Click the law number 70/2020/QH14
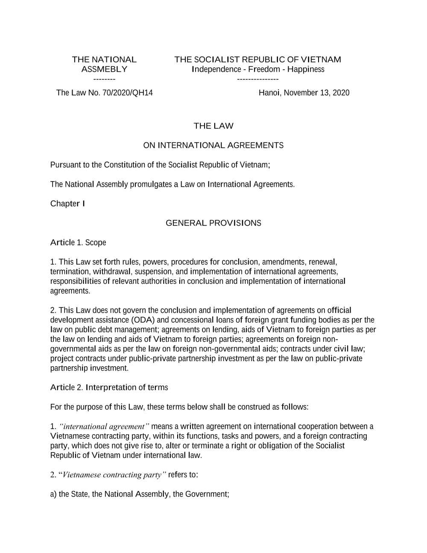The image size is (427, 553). coord(127,93)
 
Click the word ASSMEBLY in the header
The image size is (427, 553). coord(104,69)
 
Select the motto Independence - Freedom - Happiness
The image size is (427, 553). coord(258,69)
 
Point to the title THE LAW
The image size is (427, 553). coord(213,126)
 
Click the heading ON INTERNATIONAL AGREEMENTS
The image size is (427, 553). coord(213,145)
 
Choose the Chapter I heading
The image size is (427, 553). coord(67,203)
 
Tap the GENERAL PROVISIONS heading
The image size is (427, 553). coord(213,223)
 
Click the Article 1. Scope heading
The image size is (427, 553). coord(78,243)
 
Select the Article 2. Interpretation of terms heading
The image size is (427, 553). coord(109,388)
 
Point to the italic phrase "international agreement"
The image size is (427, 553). coord(105,427)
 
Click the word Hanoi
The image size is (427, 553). coord(269,93)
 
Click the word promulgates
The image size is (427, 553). coord(154,185)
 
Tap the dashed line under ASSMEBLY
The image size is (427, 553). coord(104,79)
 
